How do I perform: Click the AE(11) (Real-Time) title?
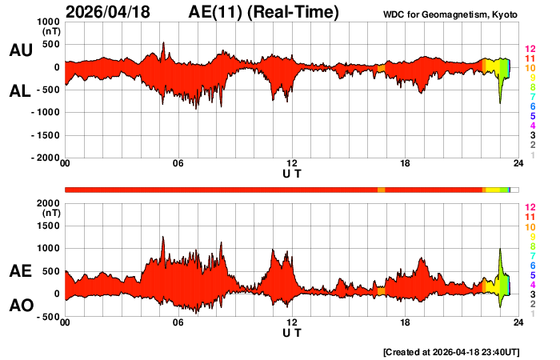pyautogui.click(x=263, y=12)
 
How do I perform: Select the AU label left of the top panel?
pyautogui.click(x=20, y=50)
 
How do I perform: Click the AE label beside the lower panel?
pyautogui.click(x=20, y=272)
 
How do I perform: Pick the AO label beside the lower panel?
pyautogui.click(x=20, y=306)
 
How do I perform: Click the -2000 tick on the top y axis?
pyautogui.click(x=43, y=158)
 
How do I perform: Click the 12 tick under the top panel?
pyautogui.click(x=292, y=164)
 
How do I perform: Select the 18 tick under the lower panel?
pyautogui.click(x=406, y=322)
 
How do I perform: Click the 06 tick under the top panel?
pyautogui.click(x=178, y=164)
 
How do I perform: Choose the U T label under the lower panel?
pyautogui.click(x=292, y=333)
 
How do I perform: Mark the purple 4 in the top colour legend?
pyautogui.click(x=522, y=126)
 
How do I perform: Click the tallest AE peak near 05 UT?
pyautogui.click(x=163, y=238)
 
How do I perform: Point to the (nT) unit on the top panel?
pyautogui.click(x=49, y=32)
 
